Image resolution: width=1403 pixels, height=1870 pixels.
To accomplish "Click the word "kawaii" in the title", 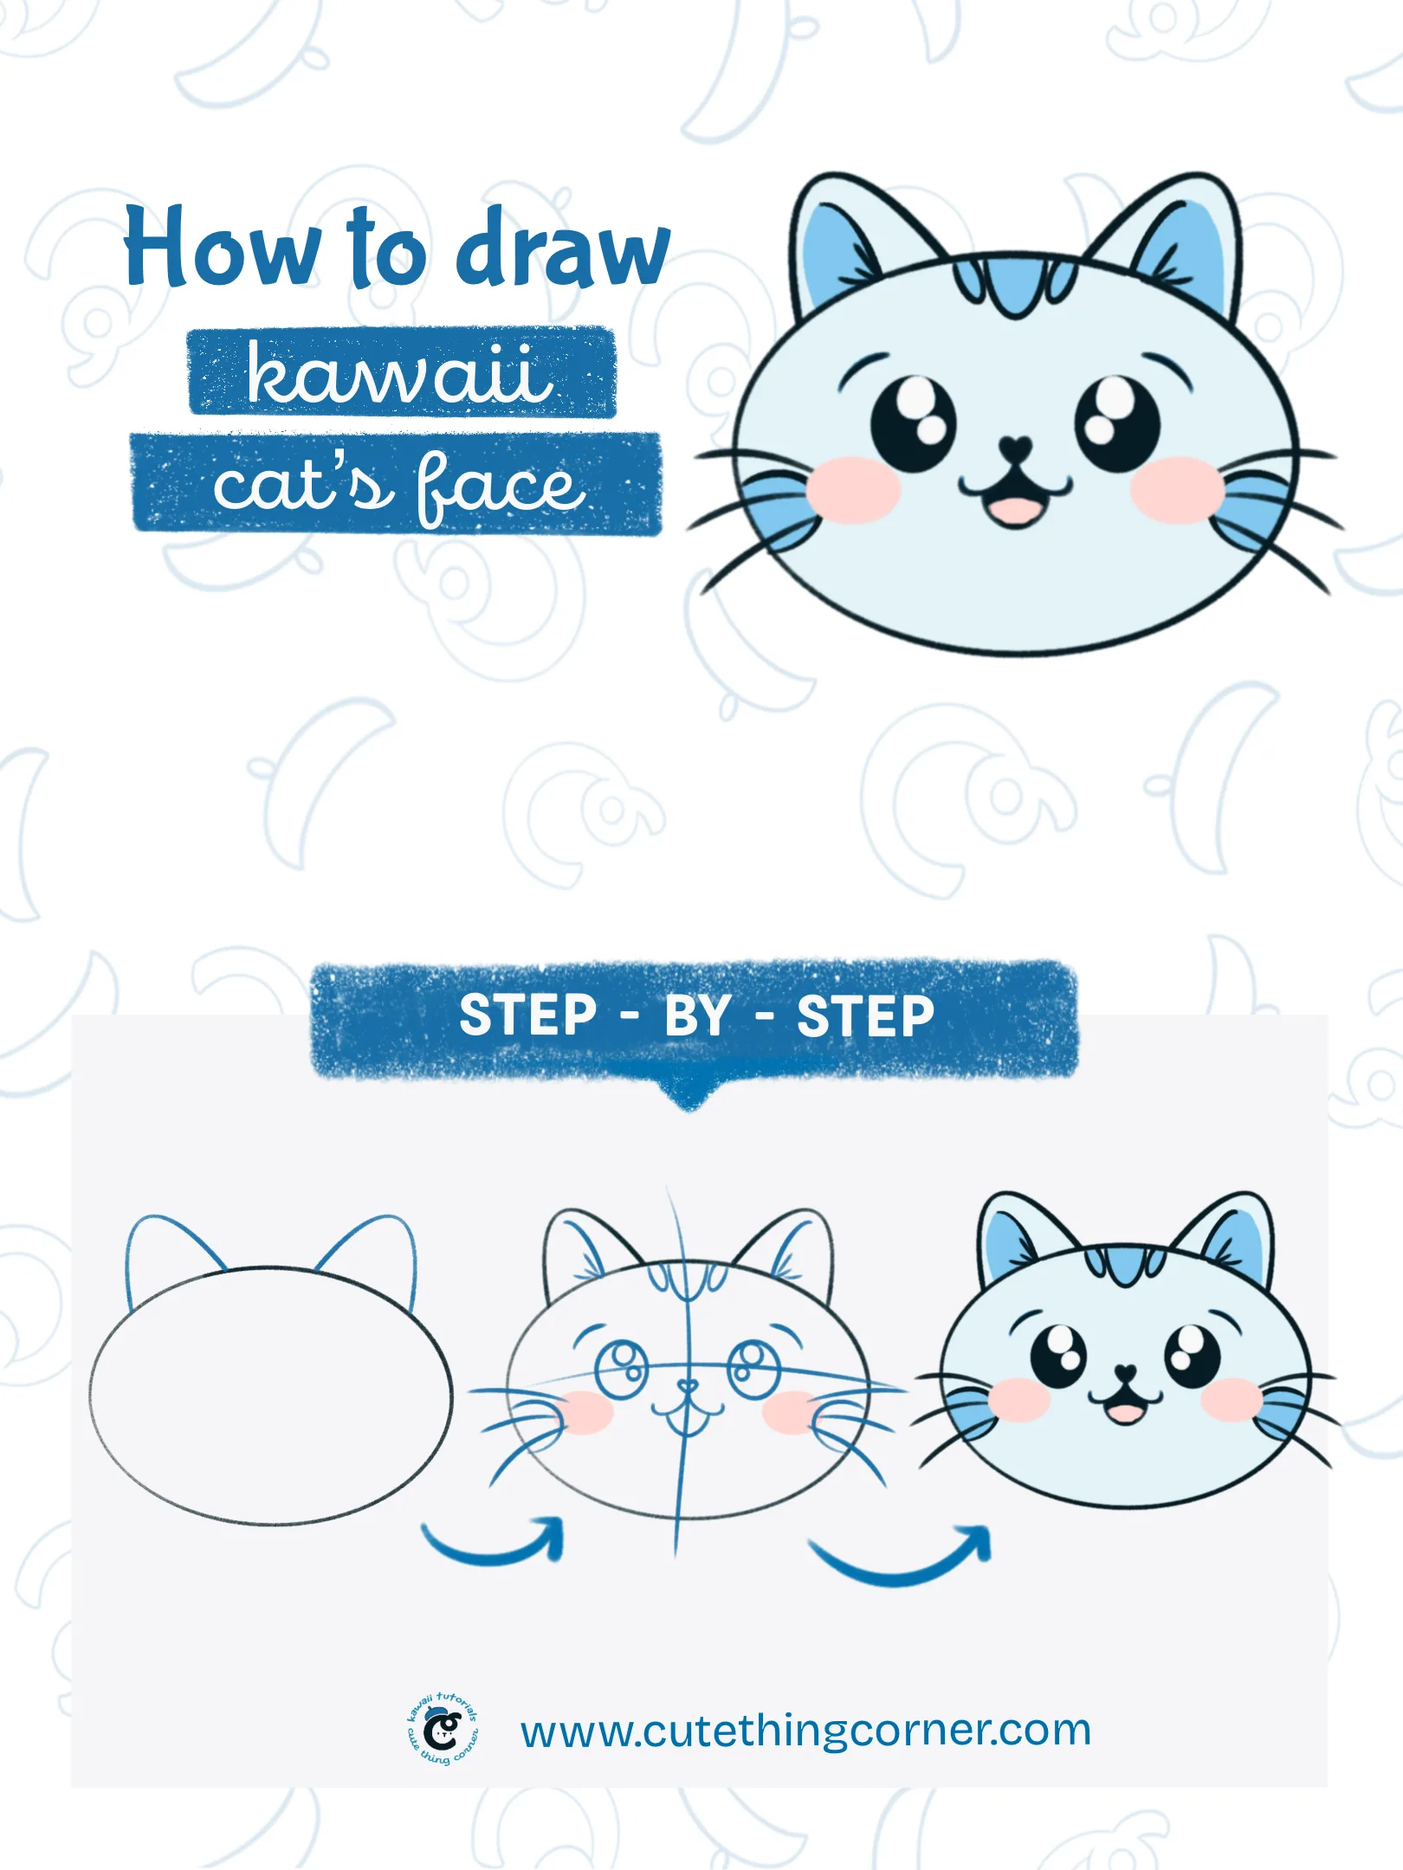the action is point(400,373).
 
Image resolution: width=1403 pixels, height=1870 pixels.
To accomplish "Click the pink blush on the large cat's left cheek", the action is point(854,490).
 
